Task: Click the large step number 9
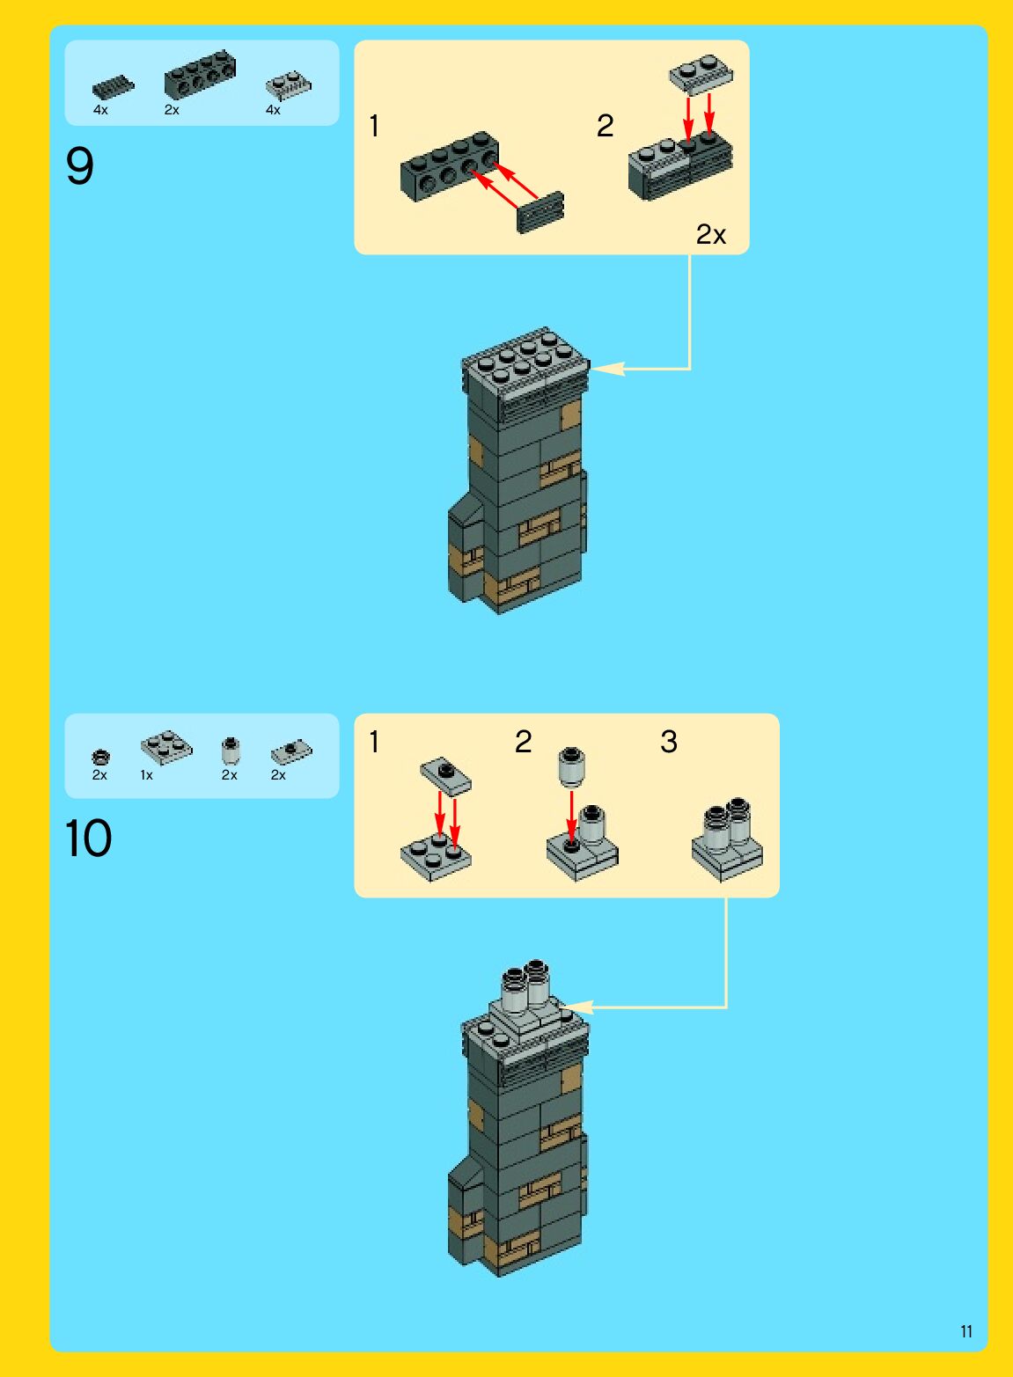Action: point(79,166)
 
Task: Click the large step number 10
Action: point(88,838)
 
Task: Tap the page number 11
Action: point(966,1331)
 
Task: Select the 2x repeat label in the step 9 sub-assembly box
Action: point(710,234)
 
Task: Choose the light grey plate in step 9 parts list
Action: point(289,86)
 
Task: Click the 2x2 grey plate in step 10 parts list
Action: point(166,748)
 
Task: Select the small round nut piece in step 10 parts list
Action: point(100,756)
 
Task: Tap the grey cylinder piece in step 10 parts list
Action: point(231,751)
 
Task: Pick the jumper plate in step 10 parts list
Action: point(291,752)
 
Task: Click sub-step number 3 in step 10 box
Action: point(669,742)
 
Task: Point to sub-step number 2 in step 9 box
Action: point(606,126)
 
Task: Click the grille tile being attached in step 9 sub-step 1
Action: point(540,212)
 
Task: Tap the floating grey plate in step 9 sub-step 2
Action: point(701,75)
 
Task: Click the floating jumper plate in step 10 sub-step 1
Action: point(446,774)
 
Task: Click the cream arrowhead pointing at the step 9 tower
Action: point(606,369)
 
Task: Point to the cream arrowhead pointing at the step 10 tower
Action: point(576,1007)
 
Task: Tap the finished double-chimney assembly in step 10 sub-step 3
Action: point(727,839)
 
